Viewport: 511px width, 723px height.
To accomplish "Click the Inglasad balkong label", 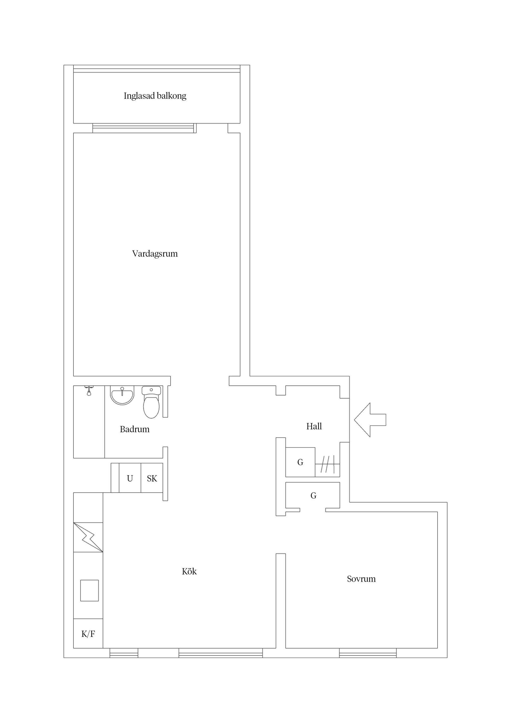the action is [x=155, y=96].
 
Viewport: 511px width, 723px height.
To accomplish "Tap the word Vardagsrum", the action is [x=155, y=254].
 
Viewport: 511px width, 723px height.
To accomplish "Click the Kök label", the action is [x=189, y=572].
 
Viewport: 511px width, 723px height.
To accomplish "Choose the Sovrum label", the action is [x=361, y=579].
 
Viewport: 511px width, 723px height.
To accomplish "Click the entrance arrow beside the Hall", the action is [x=370, y=420].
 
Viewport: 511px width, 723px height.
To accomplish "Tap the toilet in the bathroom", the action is [x=151, y=402].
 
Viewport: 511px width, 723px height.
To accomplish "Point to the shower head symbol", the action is [x=89, y=391].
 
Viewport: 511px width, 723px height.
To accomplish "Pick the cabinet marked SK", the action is [x=152, y=479].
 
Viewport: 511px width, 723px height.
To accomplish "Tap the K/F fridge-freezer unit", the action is [x=88, y=634].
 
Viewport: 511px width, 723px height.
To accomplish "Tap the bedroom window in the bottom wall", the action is [x=368, y=653].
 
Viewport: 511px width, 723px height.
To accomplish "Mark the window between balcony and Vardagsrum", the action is [x=145, y=128].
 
